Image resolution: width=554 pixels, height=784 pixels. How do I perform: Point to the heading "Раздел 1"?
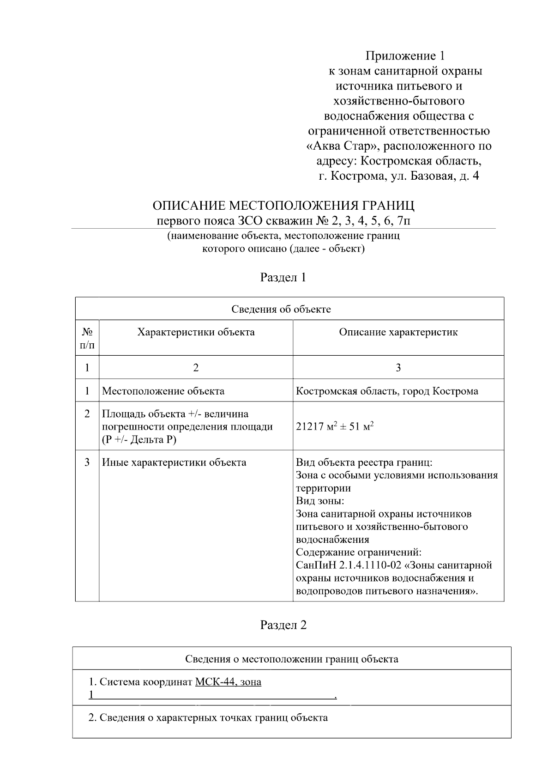tap(283, 277)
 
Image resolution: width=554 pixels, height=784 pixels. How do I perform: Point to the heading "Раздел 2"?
tap(283, 625)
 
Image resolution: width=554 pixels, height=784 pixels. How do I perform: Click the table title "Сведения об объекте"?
tap(281, 309)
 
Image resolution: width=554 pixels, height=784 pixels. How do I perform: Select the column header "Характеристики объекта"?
tap(196, 332)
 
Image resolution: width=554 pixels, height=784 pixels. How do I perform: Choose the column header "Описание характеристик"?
tap(398, 332)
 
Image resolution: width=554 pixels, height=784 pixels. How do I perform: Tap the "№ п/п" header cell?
tap(87, 338)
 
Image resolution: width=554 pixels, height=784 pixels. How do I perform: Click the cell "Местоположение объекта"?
tap(163, 391)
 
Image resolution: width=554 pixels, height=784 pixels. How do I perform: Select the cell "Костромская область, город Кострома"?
tap(387, 391)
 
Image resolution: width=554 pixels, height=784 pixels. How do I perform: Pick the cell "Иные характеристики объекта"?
tap(174, 462)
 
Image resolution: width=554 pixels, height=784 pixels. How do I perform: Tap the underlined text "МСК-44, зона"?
tap(228, 682)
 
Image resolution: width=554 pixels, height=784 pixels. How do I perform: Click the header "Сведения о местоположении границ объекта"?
tap(291, 659)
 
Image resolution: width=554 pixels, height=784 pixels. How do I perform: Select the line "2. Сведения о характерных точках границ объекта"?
tap(208, 717)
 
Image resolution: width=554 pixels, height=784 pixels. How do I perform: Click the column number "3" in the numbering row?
tap(398, 368)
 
